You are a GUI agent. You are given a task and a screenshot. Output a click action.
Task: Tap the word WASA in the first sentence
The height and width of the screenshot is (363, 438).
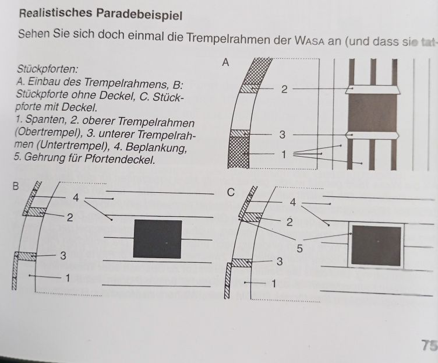pyautogui.click(x=309, y=41)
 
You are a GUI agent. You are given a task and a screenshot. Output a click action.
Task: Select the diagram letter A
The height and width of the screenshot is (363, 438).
pyautogui.click(x=225, y=62)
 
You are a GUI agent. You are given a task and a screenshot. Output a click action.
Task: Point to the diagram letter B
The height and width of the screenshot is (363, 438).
pyautogui.click(x=16, y=186)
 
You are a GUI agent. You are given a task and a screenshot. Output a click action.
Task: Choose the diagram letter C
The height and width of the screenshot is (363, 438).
pyautogui.click(x=231, y=192)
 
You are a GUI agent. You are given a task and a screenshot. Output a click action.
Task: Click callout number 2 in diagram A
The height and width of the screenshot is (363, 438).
pyautogui.click(x=284, y=89)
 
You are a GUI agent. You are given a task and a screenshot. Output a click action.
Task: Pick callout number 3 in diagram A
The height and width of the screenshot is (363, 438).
pyautogui.click(x=282, y=135)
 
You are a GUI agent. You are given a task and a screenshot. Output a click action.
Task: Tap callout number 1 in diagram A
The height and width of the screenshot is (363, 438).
pyautogui.click(x=284, y=154)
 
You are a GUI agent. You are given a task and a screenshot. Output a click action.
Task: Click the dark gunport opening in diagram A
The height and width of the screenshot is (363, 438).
pyautogui.click(x=372, y=112)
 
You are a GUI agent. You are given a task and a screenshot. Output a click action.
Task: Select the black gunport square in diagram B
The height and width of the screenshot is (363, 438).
pyautogui.click(x=157, y=239)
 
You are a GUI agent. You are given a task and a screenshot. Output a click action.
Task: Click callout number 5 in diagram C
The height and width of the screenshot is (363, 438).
pyautogui.click(x=299, y=248)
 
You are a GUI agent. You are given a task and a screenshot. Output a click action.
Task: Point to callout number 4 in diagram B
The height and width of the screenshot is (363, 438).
pyautogui.click(x=76, y=198)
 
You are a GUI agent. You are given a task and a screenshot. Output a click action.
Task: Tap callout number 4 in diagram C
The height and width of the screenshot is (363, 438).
pyautogui.click(x=293, y=202)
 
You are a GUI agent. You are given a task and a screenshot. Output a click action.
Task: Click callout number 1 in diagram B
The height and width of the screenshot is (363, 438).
pyautogui.click(x=68, y=278)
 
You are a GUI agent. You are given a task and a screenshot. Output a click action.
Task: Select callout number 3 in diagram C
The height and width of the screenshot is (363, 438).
pyautogui.click(x=280, y=262)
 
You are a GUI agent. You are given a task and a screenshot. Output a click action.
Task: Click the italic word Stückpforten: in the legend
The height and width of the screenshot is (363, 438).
pyautogui.click(x=48, y=69)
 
